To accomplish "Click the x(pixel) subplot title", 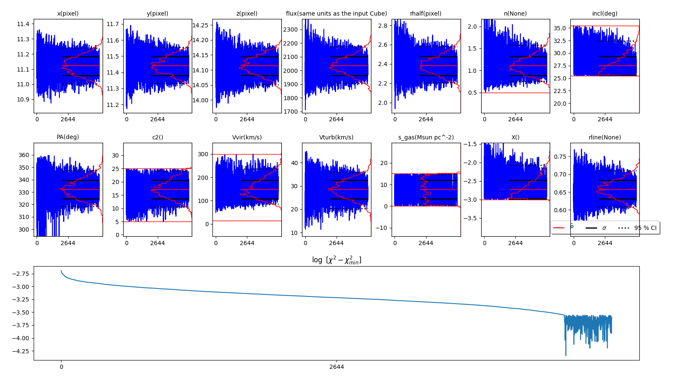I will (x=68, y=13).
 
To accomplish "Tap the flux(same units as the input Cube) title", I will (x=336, y=13).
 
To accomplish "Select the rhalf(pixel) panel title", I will (x=426, y=13).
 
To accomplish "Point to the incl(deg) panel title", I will (x=604, y=13).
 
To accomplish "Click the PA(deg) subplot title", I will (x=68, y=137).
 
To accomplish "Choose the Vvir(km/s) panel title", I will (x=247, y=137).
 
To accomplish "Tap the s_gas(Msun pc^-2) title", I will (x=426, y=137).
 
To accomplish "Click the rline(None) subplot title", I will (x=604, y=137).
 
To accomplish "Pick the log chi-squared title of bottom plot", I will (x=336, y=260).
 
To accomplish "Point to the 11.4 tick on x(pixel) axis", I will (x=23, y=24).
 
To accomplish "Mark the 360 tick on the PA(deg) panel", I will (x=24, y=155).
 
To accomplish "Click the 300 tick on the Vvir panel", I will (x=204, y=154).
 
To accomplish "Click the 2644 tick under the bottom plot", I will (x=336, y=367).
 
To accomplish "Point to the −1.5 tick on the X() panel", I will (x=470, y=144).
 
